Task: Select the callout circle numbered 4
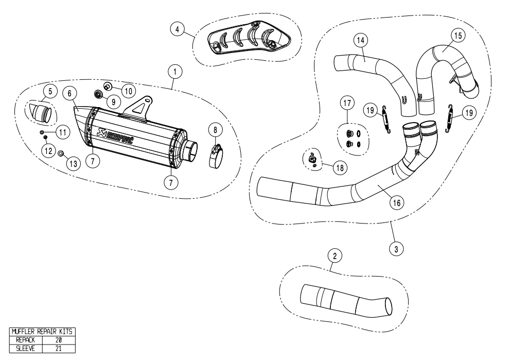[x=178, y=29]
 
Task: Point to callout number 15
[x=457, y=35]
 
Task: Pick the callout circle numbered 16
[x=395, y=202]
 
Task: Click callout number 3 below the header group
[x=395, y=249]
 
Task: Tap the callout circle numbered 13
[x=73, y=164]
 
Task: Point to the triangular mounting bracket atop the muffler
[x=137, y=106]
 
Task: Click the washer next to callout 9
[x=97, y=94]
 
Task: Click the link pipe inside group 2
[x=344, y=301]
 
